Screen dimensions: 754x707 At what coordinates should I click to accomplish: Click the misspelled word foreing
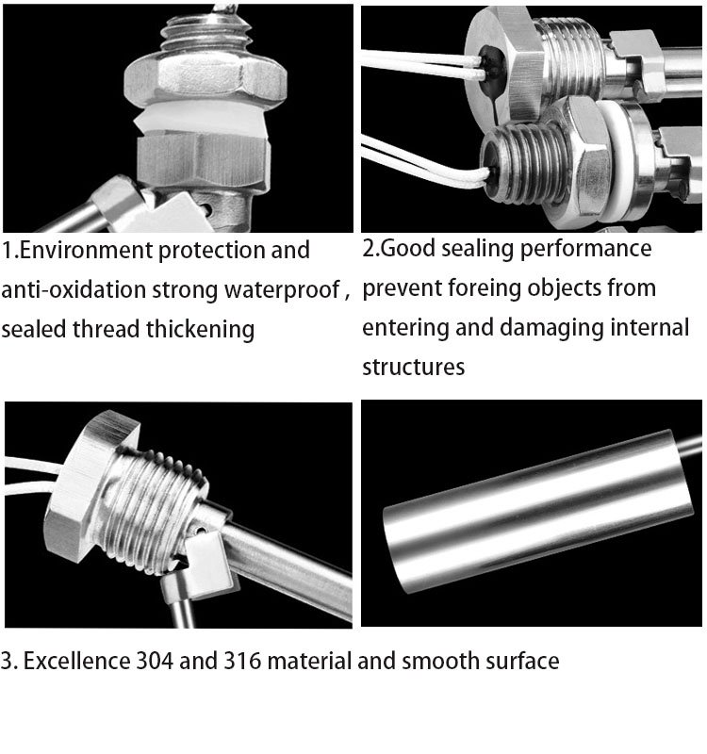point(518,287)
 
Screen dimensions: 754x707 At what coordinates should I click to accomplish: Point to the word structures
point(413,367)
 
